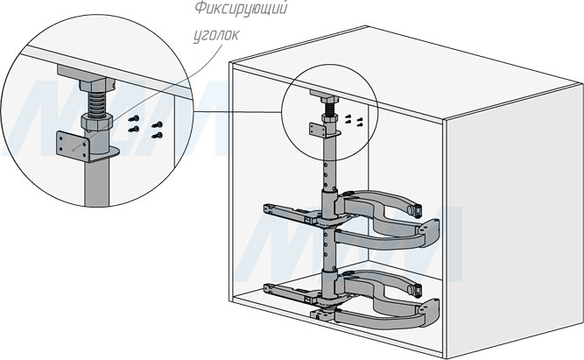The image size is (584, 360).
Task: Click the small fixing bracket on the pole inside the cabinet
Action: point(320,129)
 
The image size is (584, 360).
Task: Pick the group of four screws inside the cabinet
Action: point(355,120)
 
